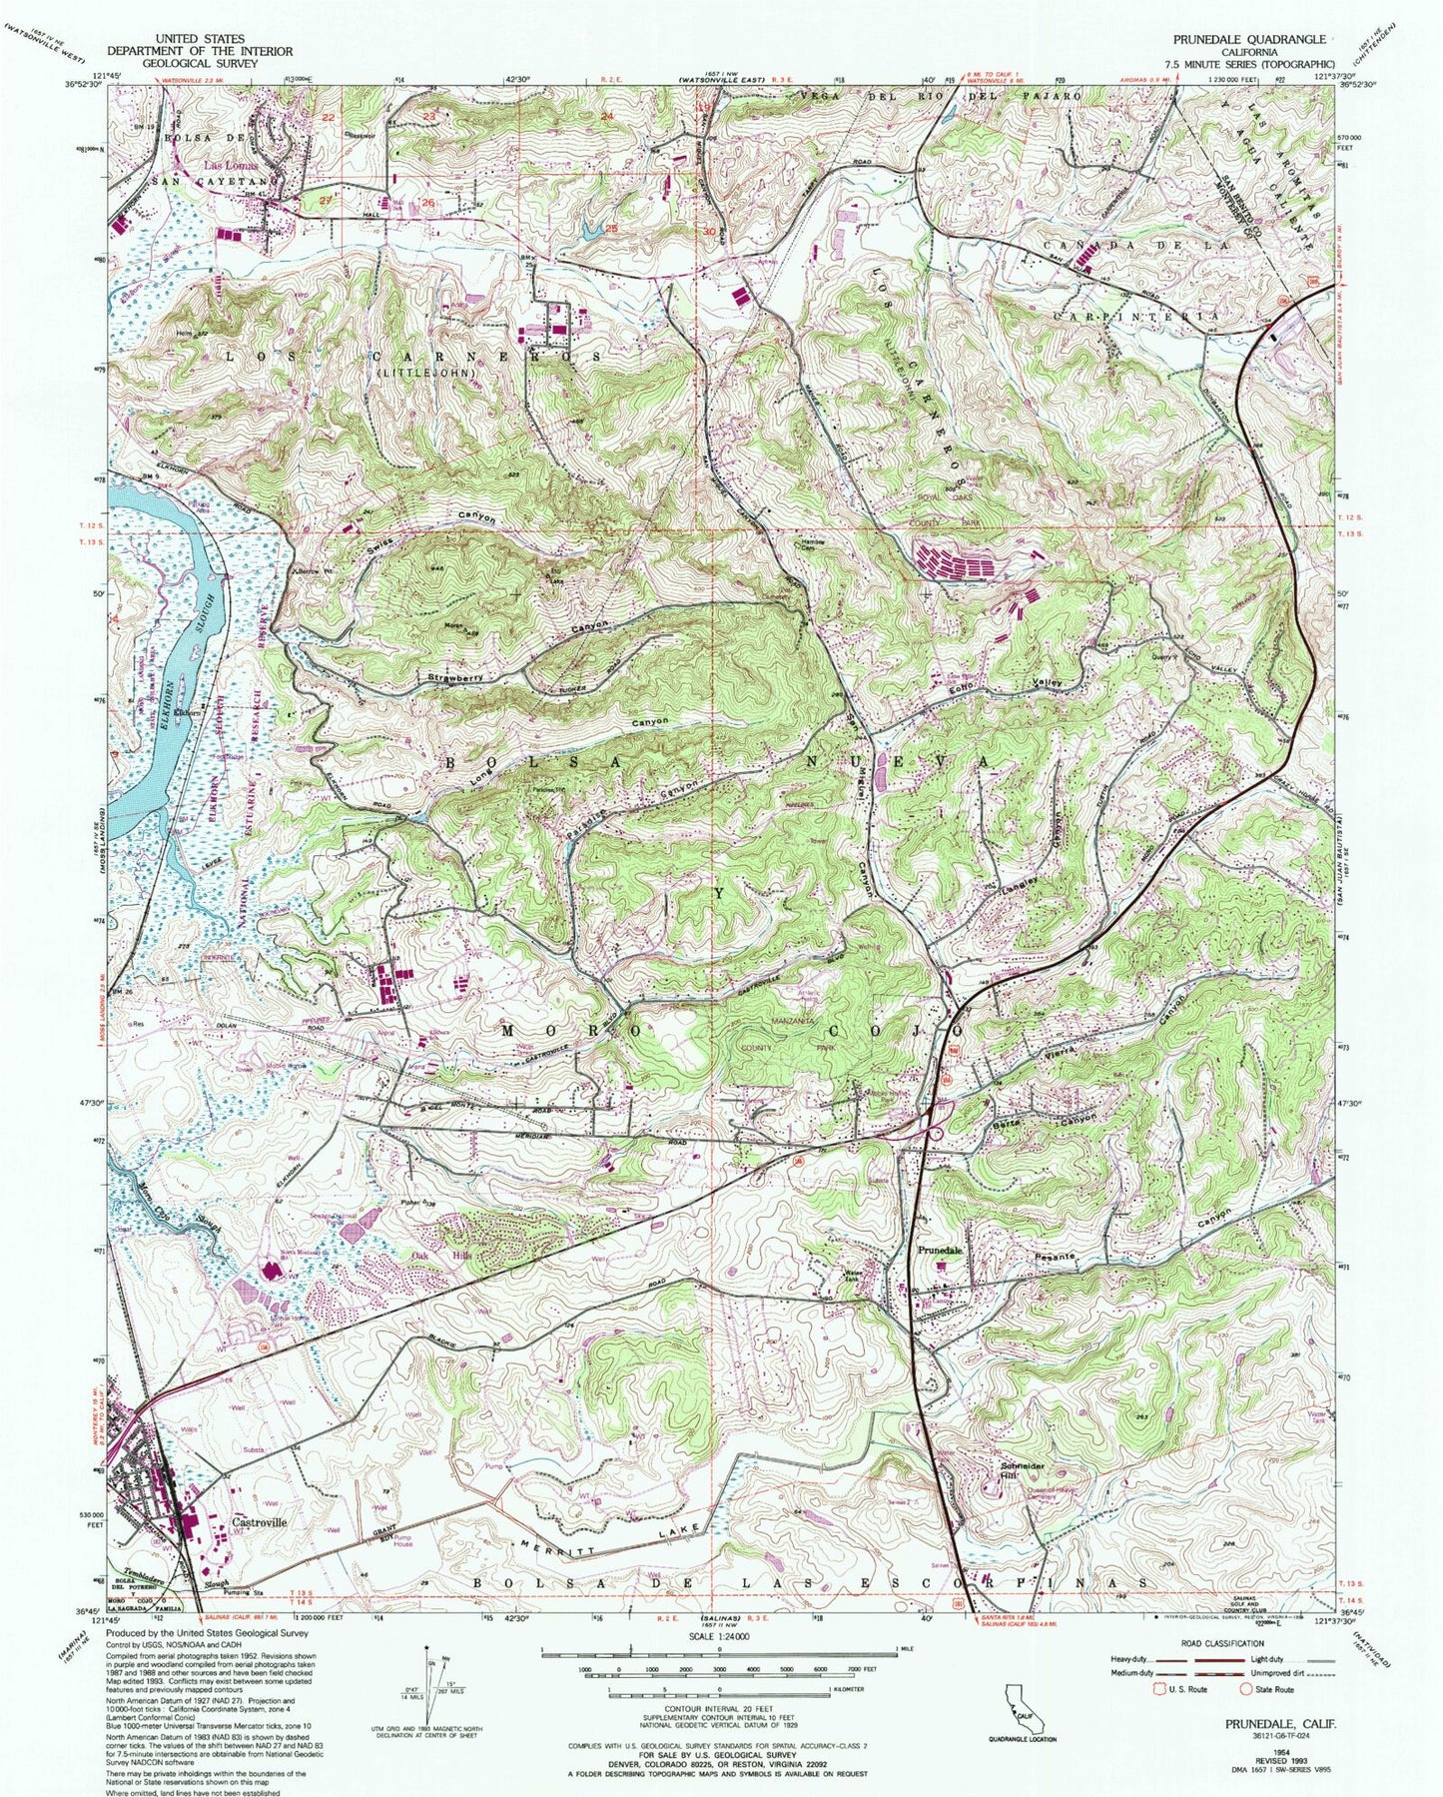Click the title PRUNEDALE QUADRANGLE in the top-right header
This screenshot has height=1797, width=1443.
point(1254,39)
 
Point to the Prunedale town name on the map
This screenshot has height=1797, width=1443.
point(940,1251)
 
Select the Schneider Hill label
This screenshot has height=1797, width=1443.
point(1017,1472)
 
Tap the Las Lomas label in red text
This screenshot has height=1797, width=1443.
point(231,164)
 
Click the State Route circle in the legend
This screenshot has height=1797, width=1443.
point(1246,1690)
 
